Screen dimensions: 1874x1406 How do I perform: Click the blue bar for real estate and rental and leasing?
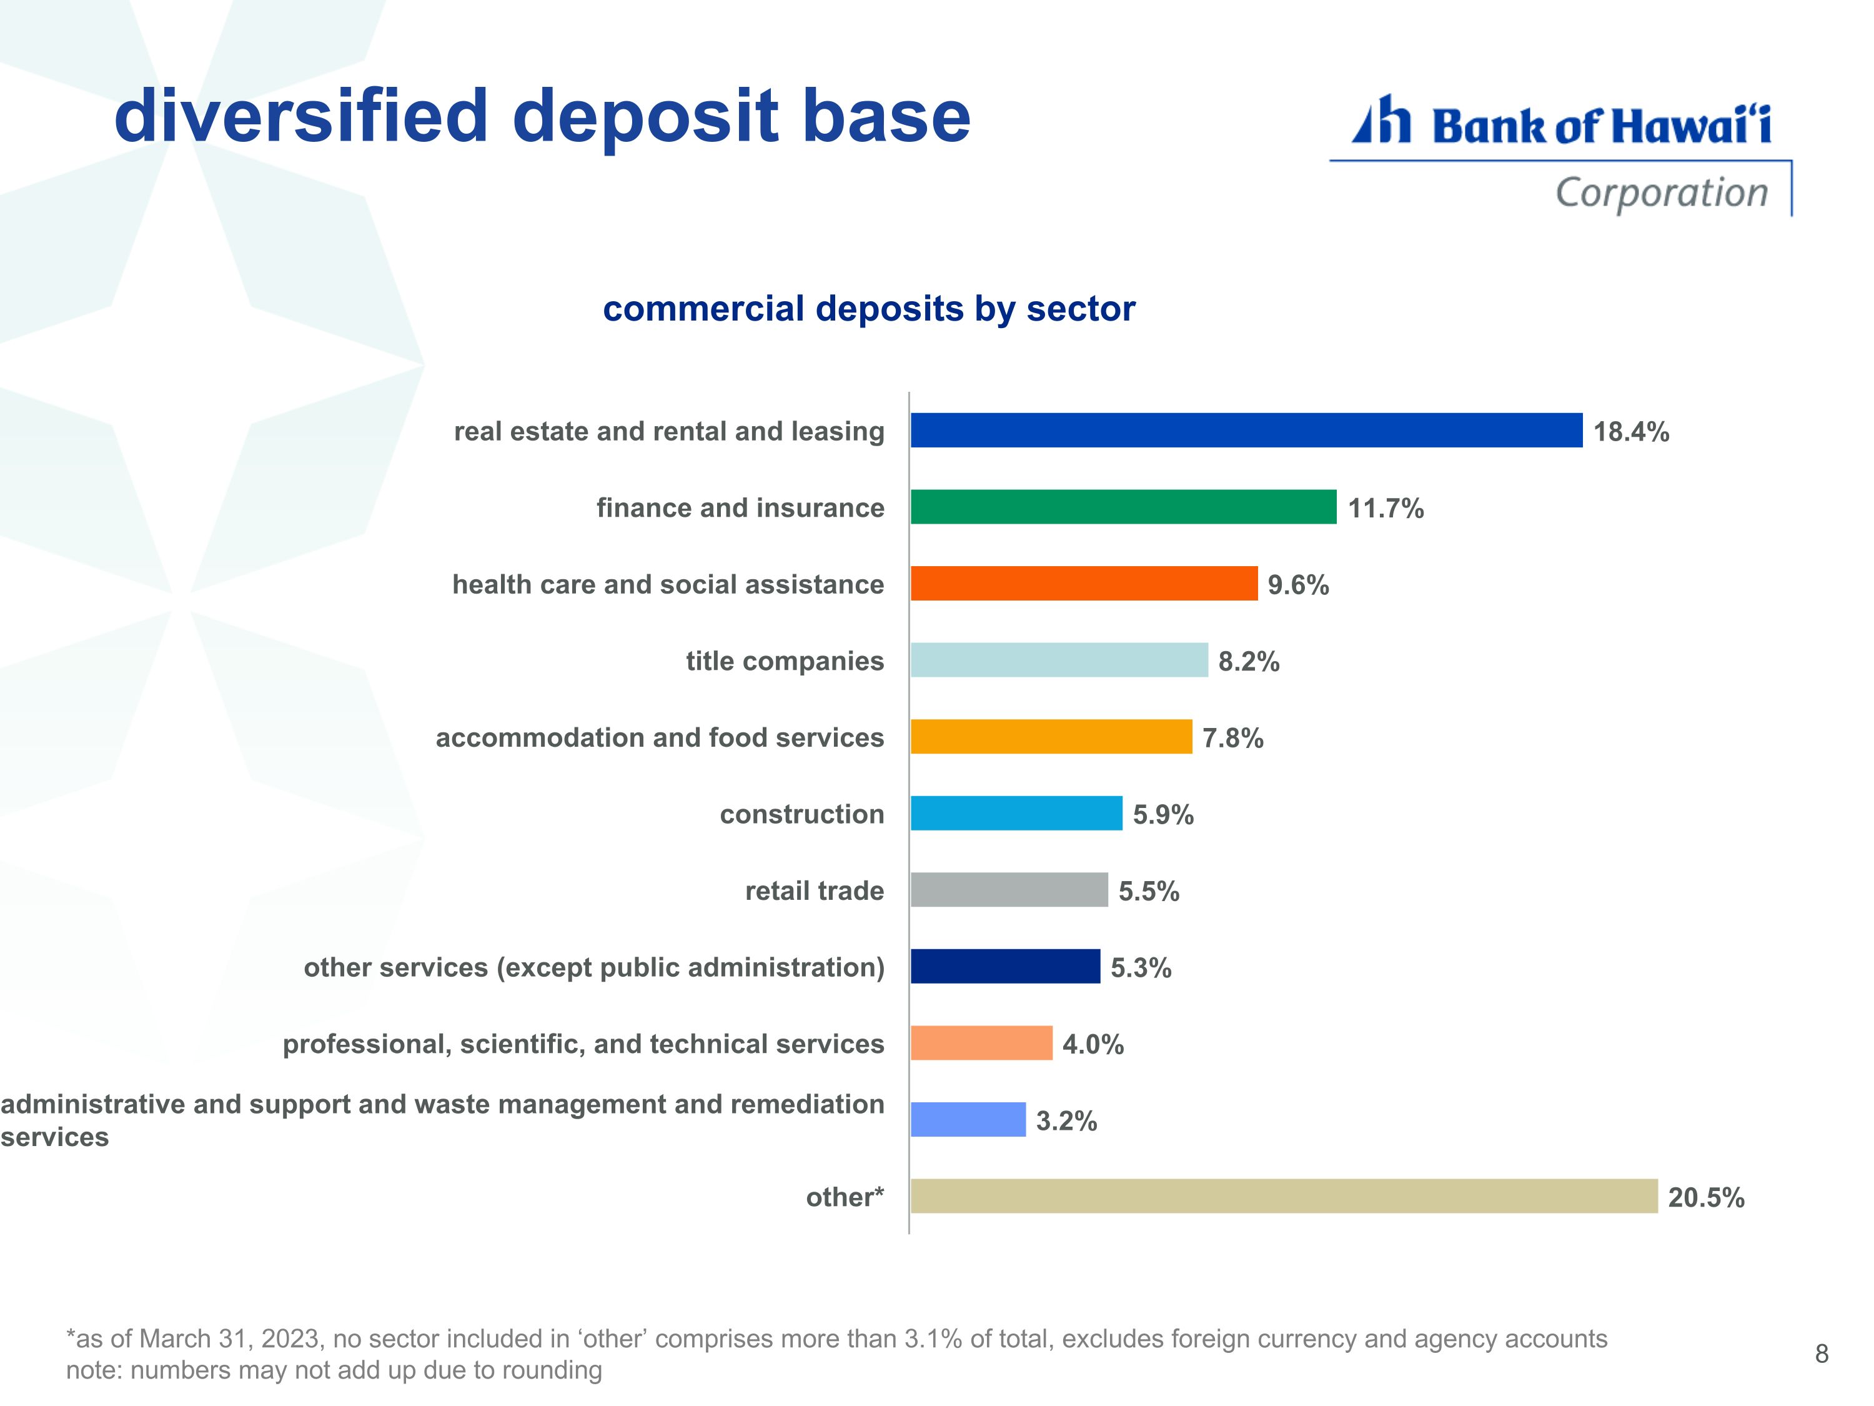tap(1246, 431)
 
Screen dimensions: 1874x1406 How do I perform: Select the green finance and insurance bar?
tap(1123, 507)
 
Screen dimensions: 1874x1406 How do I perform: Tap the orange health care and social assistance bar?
tap(1084, 584)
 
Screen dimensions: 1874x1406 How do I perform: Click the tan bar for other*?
tap(1284, 1196)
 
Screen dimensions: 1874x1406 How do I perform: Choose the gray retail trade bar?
tap(1009, 890)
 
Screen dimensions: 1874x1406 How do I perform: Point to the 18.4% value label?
tap(1632, 432)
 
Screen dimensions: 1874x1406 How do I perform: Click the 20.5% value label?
tap(1706, 1197)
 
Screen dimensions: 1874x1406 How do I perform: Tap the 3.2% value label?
tap(1067, 1121)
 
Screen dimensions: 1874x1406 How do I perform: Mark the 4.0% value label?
tap(1093, 1044)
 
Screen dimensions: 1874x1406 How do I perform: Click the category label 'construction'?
tap(802, 814)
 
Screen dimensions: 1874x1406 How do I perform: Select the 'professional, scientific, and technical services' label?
tap(583, 1044)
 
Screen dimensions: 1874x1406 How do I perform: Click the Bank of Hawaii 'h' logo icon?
tap(1382, 119)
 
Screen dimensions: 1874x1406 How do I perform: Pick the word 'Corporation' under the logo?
tap(1662, 193)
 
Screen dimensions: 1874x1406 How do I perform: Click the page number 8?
tap(1822, 1354)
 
